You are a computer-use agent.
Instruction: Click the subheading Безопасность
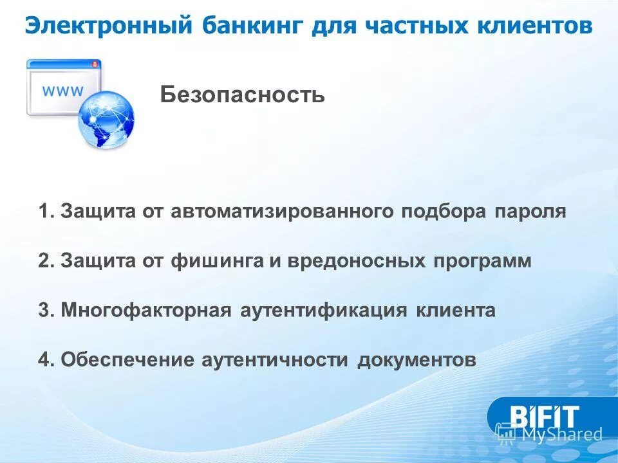click(x=243, y=95)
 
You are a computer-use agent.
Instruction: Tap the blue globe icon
click(x=106, y=120)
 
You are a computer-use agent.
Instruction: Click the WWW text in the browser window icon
click(x=62, y=91)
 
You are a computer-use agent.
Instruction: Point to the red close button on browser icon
click(x=96, y=64)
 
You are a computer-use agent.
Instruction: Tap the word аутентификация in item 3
click(x=324, y=311)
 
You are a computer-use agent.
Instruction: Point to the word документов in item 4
click(x=417, y=360)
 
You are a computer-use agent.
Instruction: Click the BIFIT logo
click(x=544, y=416)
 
